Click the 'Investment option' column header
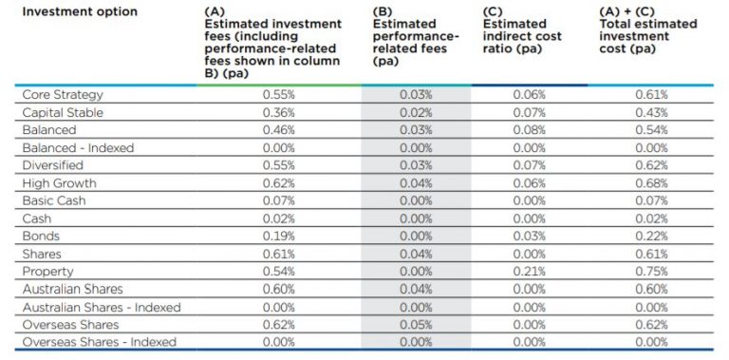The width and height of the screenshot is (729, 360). pos(80,11)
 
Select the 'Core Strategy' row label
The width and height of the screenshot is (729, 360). pos(63,95)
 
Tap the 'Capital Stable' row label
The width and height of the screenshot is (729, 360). pos(64,113)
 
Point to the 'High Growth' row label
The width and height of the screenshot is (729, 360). pos(59,183)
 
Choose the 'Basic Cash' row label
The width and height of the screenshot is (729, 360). pos(55,201)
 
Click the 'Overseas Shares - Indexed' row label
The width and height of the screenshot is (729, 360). pos(100,342)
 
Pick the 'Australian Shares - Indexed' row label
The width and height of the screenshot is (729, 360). pos(102,307)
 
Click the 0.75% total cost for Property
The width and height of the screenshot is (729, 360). pos(651,272)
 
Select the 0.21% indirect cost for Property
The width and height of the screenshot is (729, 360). pos(529,272)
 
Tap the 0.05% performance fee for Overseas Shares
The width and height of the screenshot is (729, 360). pos(416,325)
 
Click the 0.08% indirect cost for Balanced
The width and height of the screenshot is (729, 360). pos(529,130)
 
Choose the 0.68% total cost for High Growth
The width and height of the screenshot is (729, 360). pos(651,183)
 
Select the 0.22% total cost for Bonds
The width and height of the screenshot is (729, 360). pos(651,237)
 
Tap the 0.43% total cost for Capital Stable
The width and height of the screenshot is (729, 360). pos(651,113)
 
